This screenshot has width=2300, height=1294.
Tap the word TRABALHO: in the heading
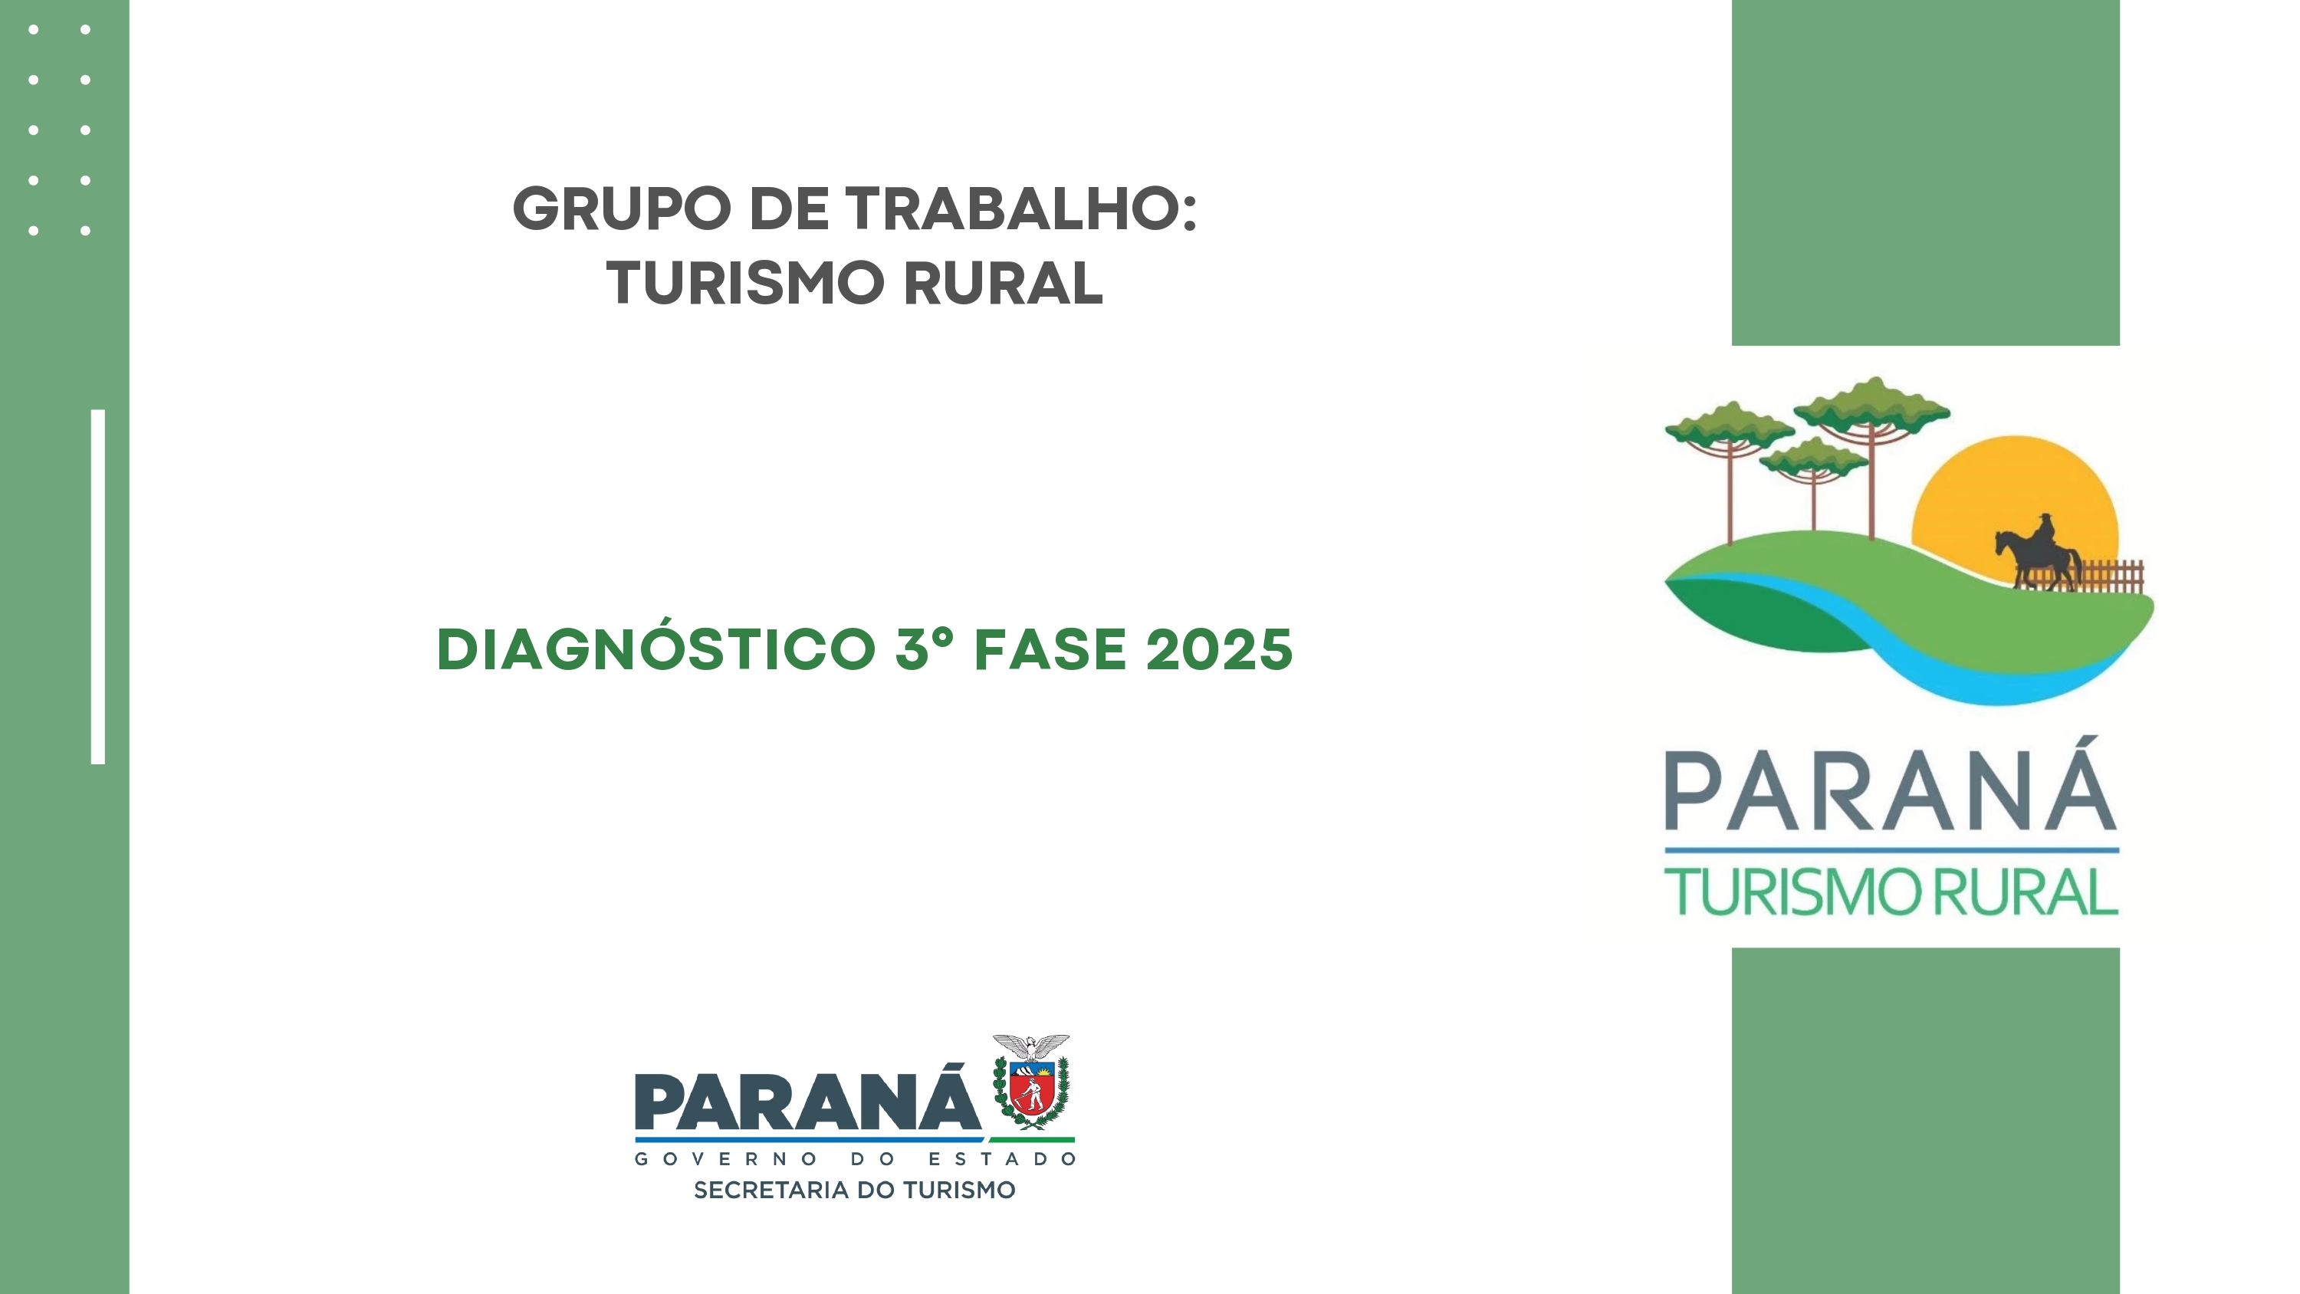click(x=1021, y=209)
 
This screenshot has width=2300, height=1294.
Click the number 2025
click(x=1219, y=649)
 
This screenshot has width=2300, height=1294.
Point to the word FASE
click(x=1050, y=649)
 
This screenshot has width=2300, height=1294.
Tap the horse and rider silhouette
click(x=2039, y=553)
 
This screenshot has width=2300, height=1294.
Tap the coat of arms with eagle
click(x=1031, y=1082)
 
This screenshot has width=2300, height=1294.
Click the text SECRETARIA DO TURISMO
click(x=855, y=1191)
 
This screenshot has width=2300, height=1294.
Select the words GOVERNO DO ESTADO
click(x=856, y=1159)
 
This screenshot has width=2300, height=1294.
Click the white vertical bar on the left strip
click(x=98, y=586)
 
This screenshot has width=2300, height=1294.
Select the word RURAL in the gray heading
click(x=1004, y=284)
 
